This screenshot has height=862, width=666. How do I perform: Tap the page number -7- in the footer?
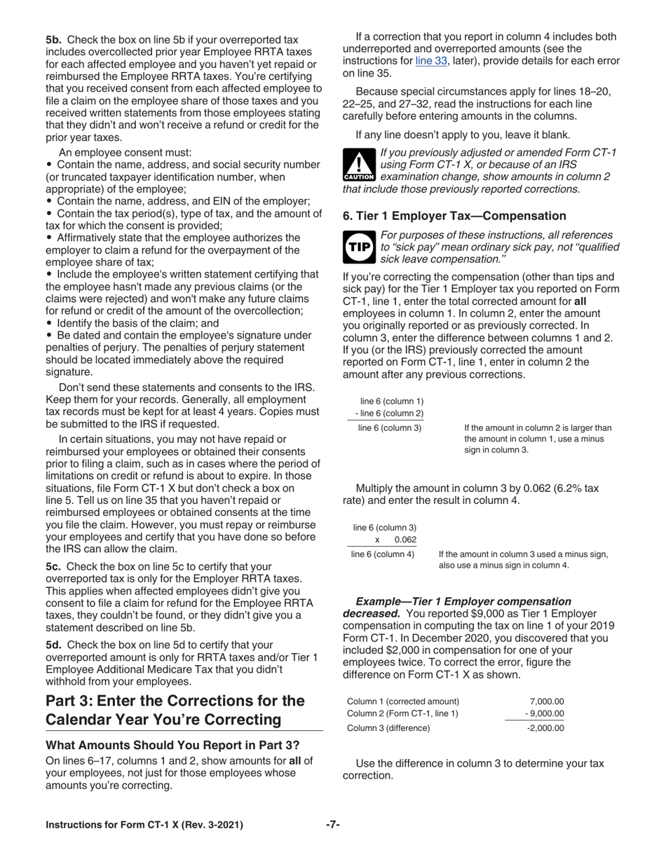tap(333, 825)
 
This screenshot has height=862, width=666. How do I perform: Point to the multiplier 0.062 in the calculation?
tap(405, 540)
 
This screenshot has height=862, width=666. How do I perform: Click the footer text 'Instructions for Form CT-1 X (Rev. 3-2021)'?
tap(144, 825)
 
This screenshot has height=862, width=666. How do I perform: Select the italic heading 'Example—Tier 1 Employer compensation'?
tap(463, 601)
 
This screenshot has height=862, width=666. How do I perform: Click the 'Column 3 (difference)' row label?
tap(389, 727)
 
